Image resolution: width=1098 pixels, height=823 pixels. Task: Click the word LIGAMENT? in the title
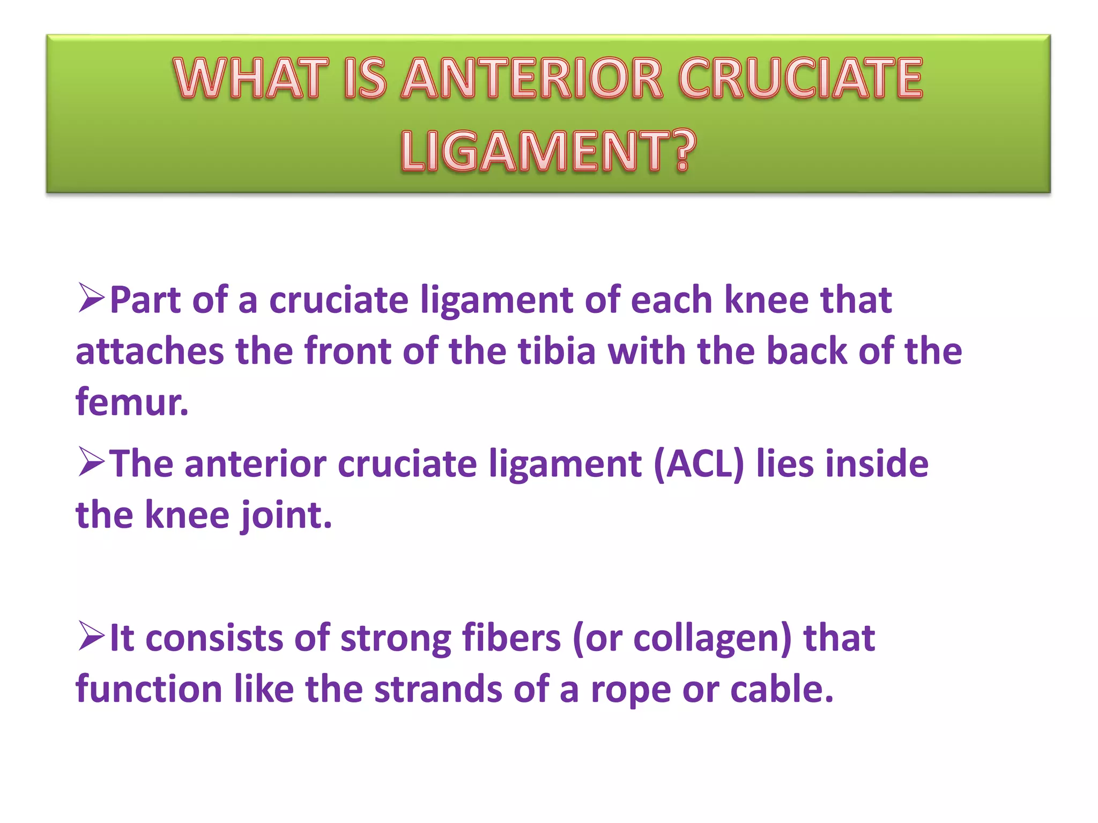(548, 152)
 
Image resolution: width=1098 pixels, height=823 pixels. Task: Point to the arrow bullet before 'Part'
(91, 298)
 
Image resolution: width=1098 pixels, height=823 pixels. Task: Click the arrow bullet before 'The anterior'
(91, 462)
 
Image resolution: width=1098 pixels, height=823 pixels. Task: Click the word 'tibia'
(557, 351)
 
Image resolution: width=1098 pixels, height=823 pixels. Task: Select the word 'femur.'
(132, 402)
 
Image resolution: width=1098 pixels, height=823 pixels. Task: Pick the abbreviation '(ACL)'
(699, 464)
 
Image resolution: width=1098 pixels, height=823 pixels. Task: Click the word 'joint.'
(286, 515)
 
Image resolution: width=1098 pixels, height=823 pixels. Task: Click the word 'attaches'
(150, 351)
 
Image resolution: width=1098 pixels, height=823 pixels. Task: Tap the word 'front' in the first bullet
(348, 351)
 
